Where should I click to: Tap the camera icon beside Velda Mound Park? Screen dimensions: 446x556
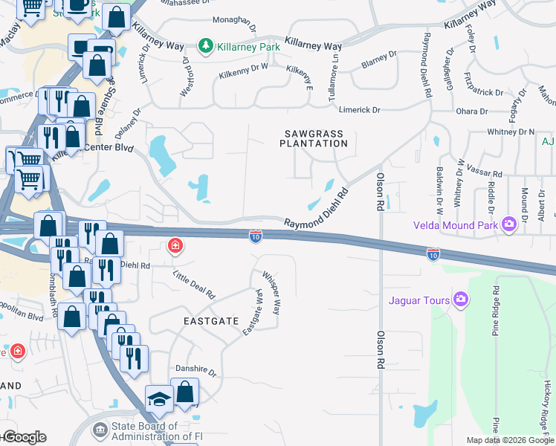point(508,224)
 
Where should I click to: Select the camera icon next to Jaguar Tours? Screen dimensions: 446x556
point(460,300)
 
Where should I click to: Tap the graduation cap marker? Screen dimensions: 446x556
point(159,398)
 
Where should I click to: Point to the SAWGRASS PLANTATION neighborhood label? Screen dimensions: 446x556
point(314,138)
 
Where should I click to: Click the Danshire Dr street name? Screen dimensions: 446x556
point(195,369)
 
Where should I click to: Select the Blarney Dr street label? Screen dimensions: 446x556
point(379,65)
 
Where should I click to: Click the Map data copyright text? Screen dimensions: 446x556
point(509,440)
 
